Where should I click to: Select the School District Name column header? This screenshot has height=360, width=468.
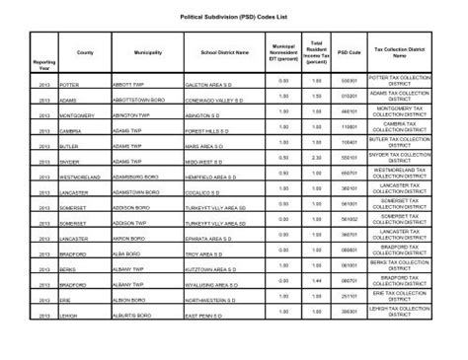(225, 51)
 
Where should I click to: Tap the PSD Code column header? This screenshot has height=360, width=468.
(348, 51)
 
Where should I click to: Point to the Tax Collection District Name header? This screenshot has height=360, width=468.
(406, 51)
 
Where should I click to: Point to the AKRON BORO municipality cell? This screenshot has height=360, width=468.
(129, 239)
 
